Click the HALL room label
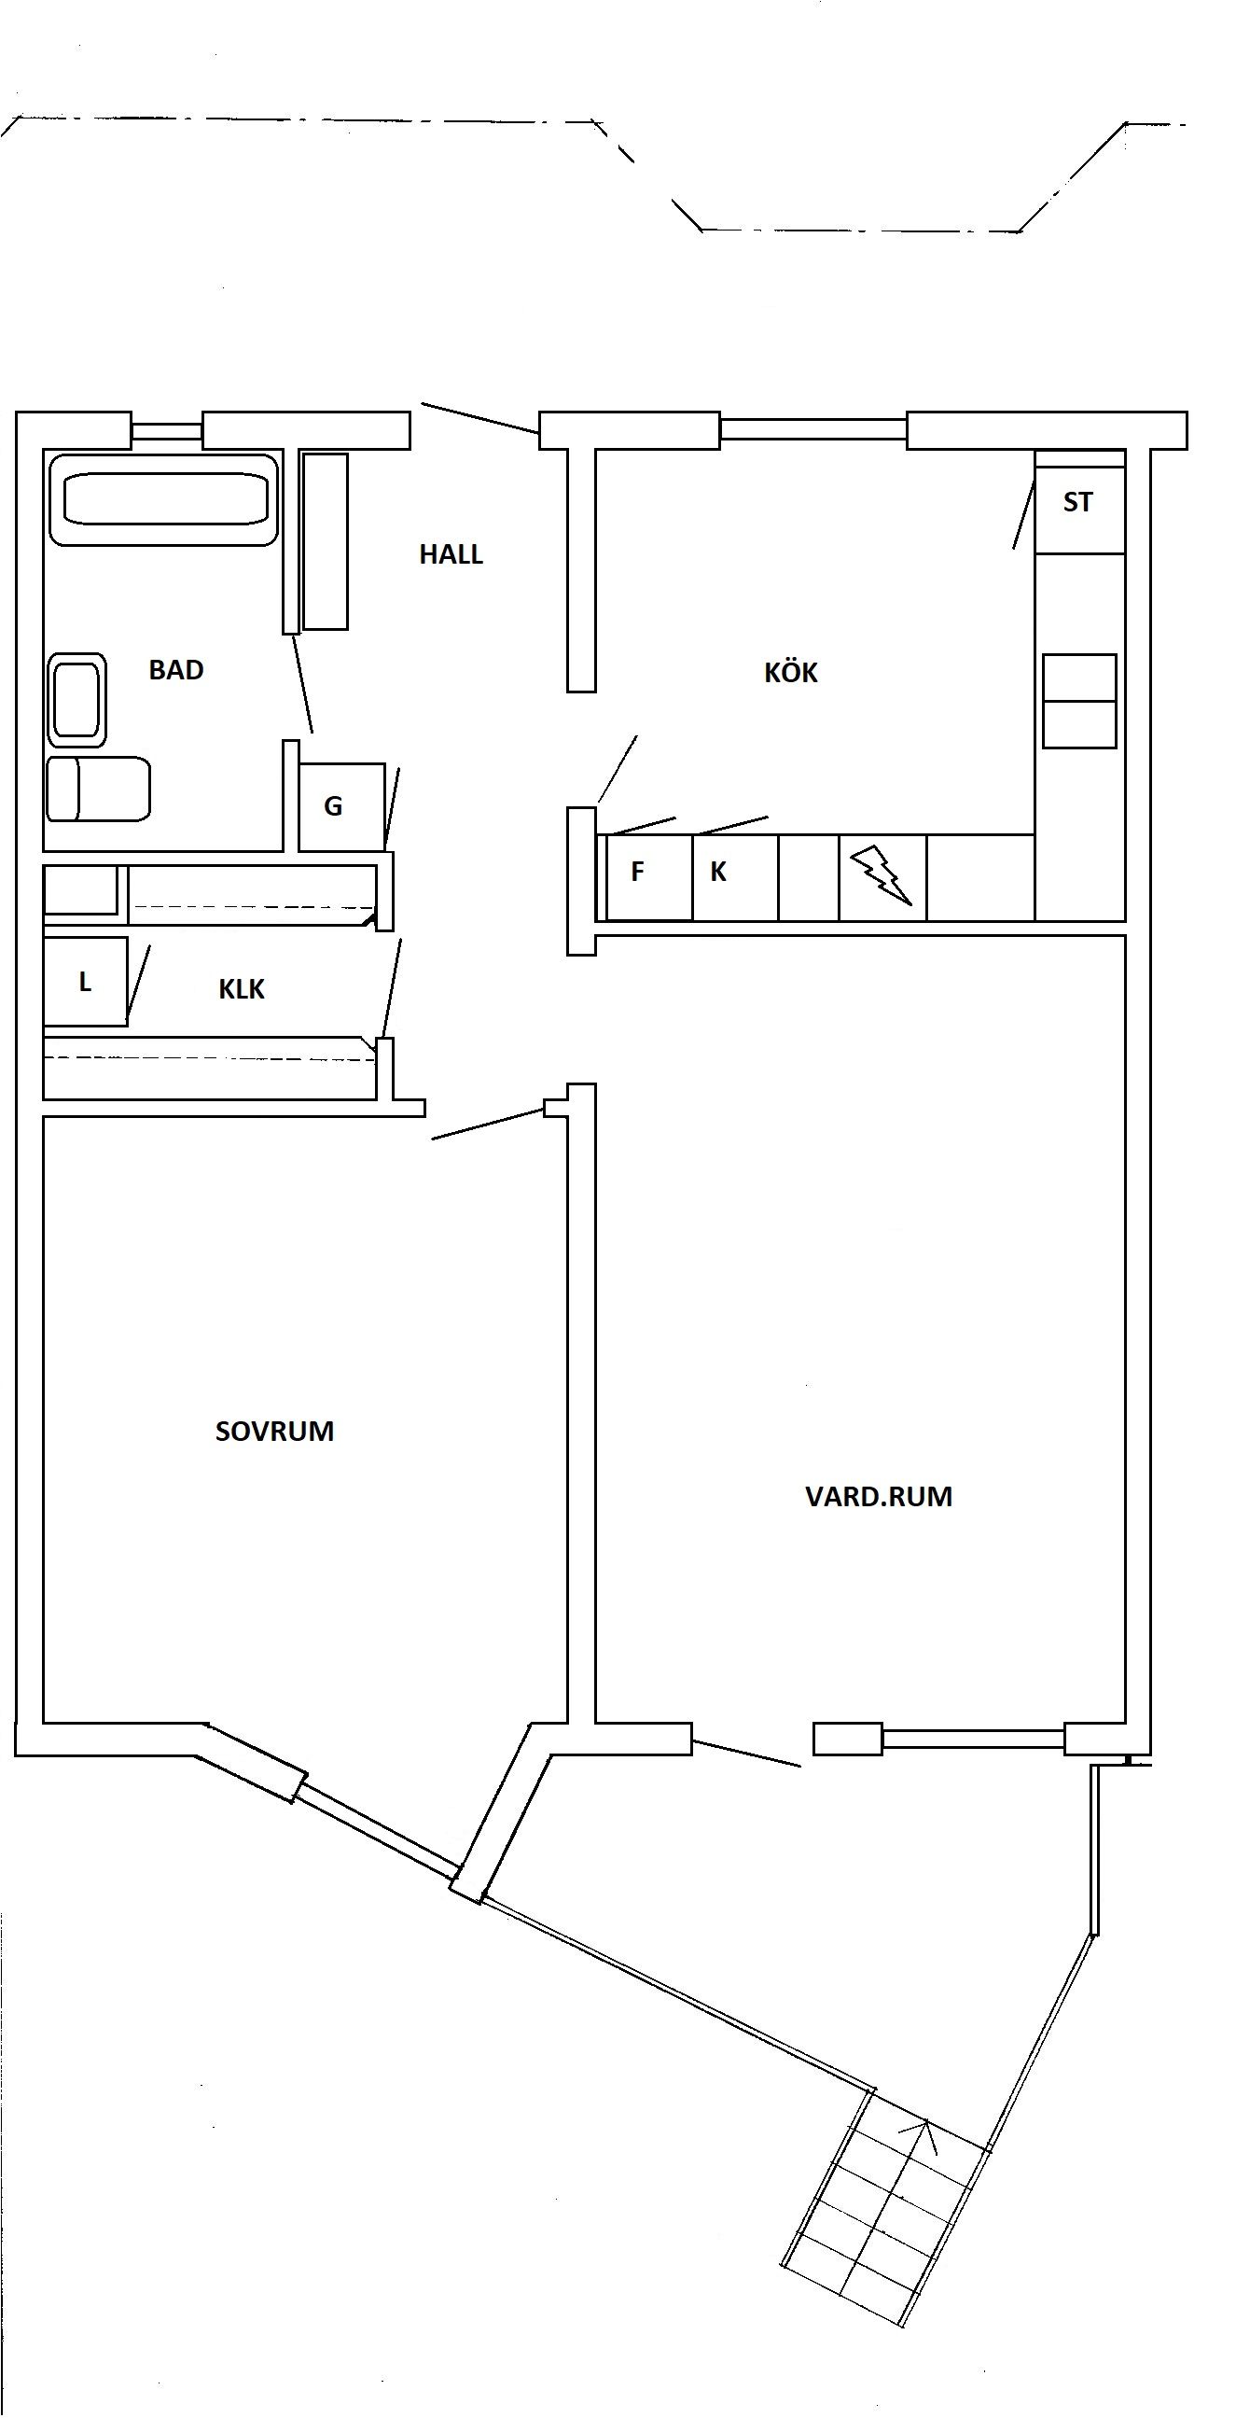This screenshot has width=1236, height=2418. tap(451, 554)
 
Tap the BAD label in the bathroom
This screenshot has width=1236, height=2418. tap(176, 670)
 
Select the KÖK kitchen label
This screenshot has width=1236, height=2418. tap(791, 672)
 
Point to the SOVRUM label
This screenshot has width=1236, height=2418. tap(275, 1432)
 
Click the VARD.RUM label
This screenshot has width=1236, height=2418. tap(879, 1496)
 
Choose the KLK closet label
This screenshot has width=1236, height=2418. tap(242, 989)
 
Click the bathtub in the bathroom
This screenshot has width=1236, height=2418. tap(164, 499)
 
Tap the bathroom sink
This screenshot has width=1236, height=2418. tap(76, 700)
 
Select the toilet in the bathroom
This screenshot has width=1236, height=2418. tap(99, 790)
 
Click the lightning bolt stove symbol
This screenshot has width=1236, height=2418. tap(881, 874)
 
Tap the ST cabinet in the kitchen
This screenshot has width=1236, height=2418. tap(1079, 502)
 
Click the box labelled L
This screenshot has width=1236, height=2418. tap(86, 982)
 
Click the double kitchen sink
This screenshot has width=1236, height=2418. tap(1079, 701)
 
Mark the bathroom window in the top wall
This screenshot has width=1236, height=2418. tap(166, 431)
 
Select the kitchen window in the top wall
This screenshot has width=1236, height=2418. tap(812, 430)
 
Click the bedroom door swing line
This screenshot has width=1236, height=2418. tap(488, 1125)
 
